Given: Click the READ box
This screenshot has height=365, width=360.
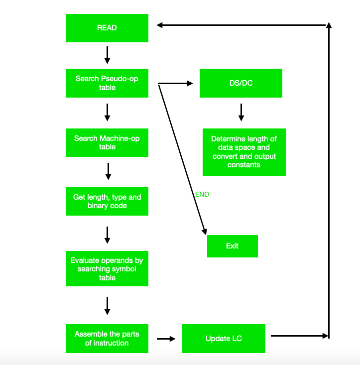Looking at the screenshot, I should tap(107, 28).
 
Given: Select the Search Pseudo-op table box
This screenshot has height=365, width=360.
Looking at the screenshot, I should tap(107, 83).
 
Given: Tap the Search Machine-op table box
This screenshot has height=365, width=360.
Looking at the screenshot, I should tap(107, 142).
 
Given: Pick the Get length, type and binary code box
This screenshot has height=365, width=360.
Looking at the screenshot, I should tap(107, 201).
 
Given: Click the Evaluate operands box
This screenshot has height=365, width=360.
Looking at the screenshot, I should tap(107, 268).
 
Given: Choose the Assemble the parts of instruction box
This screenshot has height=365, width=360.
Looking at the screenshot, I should tap(107, 339).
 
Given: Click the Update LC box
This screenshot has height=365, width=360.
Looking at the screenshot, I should tap(224, 339).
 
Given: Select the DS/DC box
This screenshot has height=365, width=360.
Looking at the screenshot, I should tap(240, 83).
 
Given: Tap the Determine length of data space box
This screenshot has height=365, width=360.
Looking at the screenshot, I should tap(244, 151).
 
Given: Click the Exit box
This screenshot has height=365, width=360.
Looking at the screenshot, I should tap(232, 246).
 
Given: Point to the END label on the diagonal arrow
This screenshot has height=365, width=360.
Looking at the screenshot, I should tap(202, 194).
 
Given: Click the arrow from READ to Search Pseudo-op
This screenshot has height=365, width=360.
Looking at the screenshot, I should tap(107, 55).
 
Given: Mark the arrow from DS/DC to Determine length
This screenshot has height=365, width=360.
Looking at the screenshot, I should tap(241, 112).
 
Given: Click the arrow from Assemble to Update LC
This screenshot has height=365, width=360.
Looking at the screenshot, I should tap(166, 339).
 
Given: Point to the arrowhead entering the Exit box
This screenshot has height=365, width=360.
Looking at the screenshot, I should tap(204, 231).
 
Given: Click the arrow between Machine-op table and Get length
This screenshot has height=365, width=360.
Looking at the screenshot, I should tap(108, 171).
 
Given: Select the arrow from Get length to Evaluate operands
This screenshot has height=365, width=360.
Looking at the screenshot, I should tap(107, 235).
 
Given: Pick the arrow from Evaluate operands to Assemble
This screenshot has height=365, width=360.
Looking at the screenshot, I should tap(107, 306).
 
